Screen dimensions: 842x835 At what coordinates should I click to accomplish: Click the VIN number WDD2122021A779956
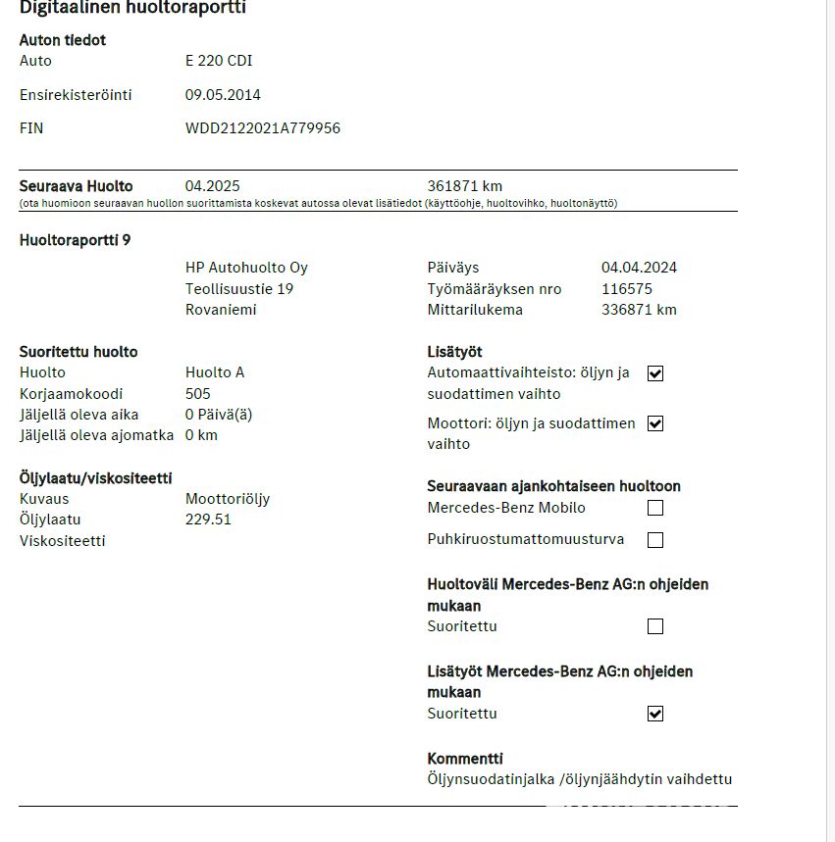click(262, 128)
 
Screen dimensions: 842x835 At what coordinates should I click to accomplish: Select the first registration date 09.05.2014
click(223, 95)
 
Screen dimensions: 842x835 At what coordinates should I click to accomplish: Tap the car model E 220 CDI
click(219, 61)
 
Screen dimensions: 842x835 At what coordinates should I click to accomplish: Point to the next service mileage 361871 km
click(465, 186)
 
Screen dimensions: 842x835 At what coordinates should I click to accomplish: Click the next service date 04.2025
click(212, 186)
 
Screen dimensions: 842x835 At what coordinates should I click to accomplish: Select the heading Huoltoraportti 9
click(75, 240)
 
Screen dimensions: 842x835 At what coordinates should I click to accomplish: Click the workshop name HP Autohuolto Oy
click(246, 268)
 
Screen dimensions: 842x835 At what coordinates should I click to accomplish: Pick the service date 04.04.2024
click(639, 268)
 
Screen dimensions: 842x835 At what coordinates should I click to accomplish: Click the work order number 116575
click(626, 289)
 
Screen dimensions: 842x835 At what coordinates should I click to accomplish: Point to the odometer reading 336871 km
click(639, 310)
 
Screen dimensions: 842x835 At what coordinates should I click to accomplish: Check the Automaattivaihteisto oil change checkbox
click(655, 373)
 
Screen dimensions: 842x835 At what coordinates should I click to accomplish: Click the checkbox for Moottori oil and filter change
click(655, 424)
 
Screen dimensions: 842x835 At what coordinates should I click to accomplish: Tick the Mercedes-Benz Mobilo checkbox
click(655, 508)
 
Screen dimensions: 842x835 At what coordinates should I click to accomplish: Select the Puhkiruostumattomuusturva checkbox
click(655, 540)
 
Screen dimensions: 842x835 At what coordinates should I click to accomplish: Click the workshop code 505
click(197, 394)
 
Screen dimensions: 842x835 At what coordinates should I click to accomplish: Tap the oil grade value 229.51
click(208, 520)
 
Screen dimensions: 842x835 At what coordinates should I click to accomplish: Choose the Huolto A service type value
click(214, 372)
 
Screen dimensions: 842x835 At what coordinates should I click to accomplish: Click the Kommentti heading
click(465, 759)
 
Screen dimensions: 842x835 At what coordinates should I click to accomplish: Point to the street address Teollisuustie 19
click(239, 289)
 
